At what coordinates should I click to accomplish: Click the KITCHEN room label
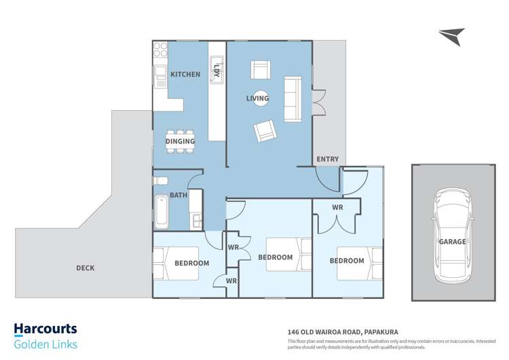click(185, 75)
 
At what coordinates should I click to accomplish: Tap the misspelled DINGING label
click(180, 141)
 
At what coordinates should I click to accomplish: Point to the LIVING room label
click(257, 98)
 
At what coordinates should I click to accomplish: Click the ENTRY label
click(328, 159)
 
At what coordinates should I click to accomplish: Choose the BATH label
click(178, 195)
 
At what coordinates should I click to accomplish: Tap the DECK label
click(86, 268)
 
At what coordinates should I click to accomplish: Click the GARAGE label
click(453, 242)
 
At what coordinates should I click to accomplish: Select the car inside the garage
click(453, 236)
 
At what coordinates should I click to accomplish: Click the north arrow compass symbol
click(452, 36)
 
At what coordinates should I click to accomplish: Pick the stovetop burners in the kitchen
click(160, 50)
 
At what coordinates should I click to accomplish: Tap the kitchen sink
click(159, 77)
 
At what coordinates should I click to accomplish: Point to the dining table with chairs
click(180, 141)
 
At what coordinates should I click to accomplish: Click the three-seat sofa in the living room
click(293, 99)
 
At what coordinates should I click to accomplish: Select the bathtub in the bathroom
click(162, 211)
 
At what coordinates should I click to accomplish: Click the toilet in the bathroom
click(160, 181)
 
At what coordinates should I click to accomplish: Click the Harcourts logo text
click(45, 329)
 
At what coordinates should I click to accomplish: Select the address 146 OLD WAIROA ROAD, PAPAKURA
click(343, 332)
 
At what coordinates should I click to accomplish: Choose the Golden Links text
click(45, 344)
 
